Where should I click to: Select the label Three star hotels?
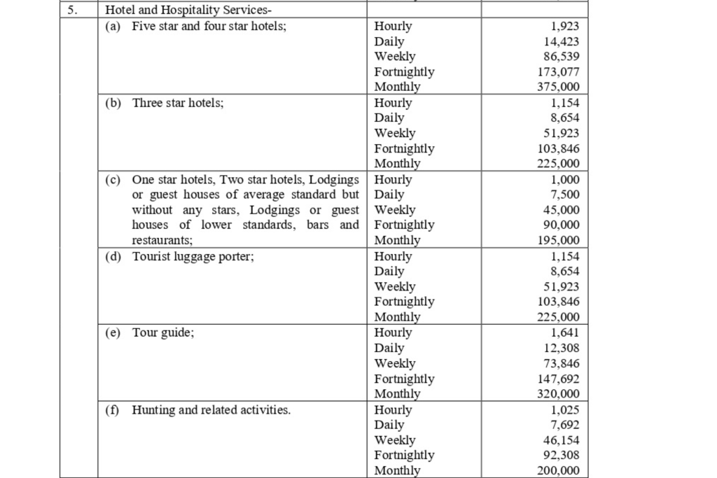coord(178,103)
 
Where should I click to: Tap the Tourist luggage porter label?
coord(193,256)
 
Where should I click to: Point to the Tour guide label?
coord(163,333)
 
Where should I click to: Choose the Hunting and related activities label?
coord(211,410)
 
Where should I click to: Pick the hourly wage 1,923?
coord(566,27)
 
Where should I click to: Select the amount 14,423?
coord(562,41)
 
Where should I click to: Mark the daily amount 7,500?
coord(565,195)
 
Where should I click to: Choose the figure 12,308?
coord(562,348)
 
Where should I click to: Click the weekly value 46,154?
coord(562,440)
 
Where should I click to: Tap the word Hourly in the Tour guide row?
coord(393,333)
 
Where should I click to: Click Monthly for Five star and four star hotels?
coord(397,87)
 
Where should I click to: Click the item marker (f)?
coord(113,410)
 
